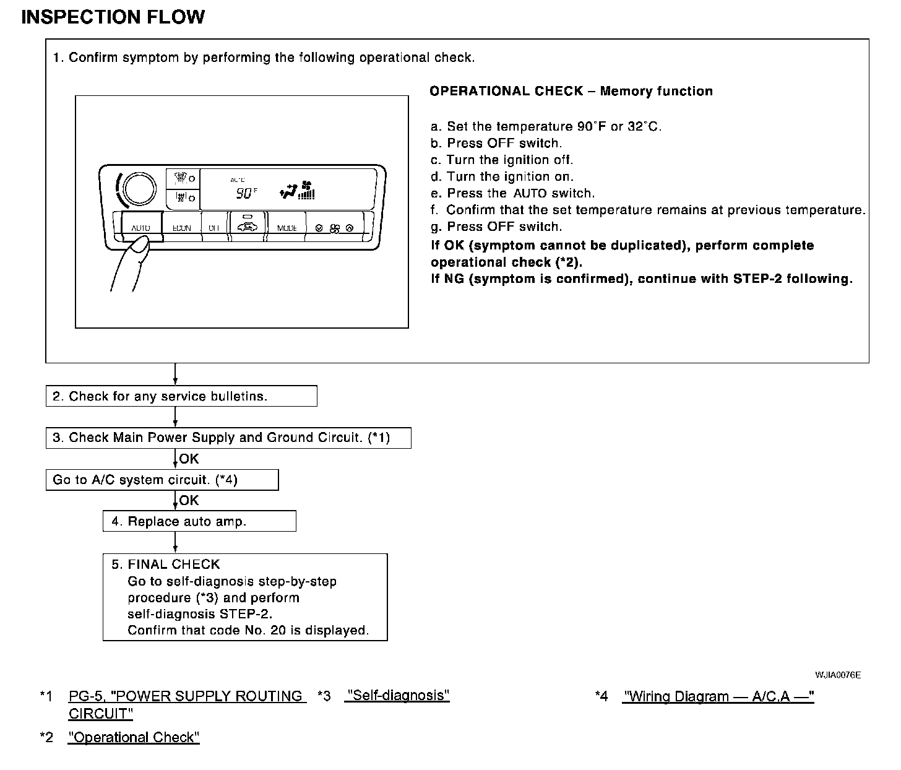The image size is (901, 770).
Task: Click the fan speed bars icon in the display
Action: pyautogui.click(x=306, y=194)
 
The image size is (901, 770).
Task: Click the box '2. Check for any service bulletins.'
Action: pyautogui.click(x=181, y=396)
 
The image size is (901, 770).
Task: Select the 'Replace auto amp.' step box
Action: pyautogui.click(x=199, y=521)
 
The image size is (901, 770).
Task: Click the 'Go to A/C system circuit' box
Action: pyautogui.click(x=162, y=480)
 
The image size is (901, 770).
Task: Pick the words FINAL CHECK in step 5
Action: pyautogui.click(x=174, y=565)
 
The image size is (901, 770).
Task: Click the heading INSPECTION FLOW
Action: pyautogui.click(x=113, y=17)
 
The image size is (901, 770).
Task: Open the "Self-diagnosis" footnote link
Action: pyautogui.click(x=397, y=696)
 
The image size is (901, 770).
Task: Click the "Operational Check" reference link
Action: pyautogui.click(x=134, y=737)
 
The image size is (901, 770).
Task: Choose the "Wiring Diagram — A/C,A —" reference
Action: pyautogui.click(x=718, y=696)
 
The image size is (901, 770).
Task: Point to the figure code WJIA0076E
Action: pyautogui.click(x=837, y=675)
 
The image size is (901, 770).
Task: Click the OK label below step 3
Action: pyautogui.click(x=189, y=459)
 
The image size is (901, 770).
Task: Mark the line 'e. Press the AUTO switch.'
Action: pyautogui.click(x=512, y=193)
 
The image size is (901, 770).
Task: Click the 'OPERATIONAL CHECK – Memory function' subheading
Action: pyautogui.click(x=571, y=92)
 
